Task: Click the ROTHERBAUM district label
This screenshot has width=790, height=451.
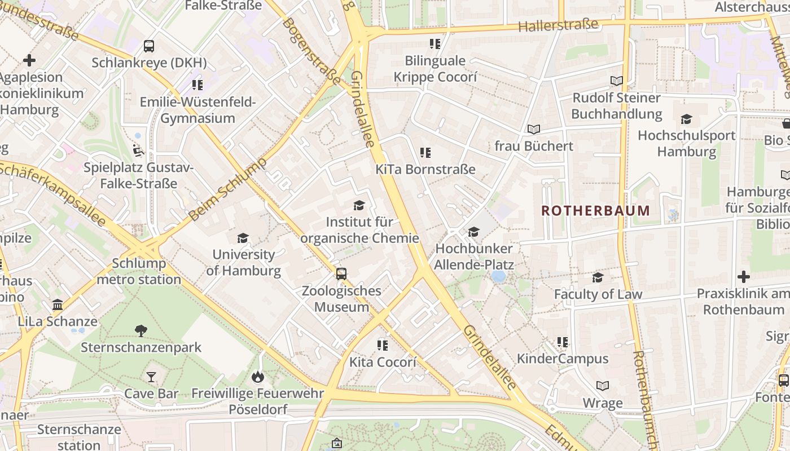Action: (x=595, y=211)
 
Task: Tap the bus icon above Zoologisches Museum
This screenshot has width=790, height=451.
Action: (x=341, y=274)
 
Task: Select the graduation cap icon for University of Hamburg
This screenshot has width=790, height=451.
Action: (x=243, y=238)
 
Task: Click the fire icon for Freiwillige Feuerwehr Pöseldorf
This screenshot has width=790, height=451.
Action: (x=258, y=376)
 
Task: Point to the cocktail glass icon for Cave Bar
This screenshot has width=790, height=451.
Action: (x=151, y=377)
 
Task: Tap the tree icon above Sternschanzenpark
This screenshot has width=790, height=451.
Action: (x=141, y=330)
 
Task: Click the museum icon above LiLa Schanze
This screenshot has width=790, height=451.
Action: (x=58, y=305)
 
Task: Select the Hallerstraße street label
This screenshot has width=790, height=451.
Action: (x=558, y=25)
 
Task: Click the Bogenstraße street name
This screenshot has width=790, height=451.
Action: (x=312, y=50)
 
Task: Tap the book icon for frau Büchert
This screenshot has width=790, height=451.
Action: (x=534, y=129)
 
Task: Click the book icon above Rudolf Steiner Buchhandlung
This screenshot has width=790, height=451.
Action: (x=617, y=81)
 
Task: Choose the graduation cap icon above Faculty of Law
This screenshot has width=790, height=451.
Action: (x=598, y=277)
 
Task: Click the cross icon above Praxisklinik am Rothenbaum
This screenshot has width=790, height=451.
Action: (x=744, y=277)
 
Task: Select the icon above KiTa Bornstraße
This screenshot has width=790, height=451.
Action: (x=425, y=152)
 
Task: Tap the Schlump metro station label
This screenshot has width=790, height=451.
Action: (x=139, y=271)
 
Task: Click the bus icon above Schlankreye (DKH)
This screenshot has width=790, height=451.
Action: (x=149, y=46)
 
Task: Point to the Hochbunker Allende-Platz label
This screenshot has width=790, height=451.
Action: (x=474, y=257)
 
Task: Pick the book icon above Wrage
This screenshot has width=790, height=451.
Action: (x=603, y=386)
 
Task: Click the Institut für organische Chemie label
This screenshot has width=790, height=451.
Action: (x=359, y=230)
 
